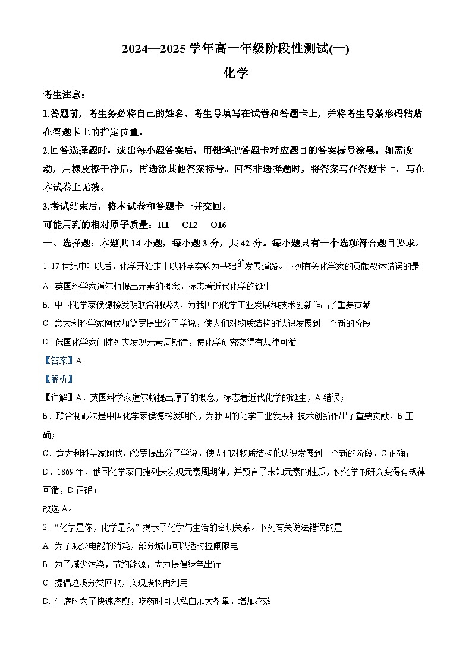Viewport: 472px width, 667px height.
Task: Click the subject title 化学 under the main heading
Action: tap(235, 73)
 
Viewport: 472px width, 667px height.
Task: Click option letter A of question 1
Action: tap(46, 286)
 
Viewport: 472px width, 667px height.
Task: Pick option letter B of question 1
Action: tap(46, 305)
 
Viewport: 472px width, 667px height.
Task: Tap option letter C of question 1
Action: tap(46, 323)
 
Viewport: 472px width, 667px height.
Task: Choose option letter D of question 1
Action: tap(46, 342)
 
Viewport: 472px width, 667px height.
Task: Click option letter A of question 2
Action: tap(46, 545)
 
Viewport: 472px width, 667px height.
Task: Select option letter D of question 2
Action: tap(46, 601)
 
